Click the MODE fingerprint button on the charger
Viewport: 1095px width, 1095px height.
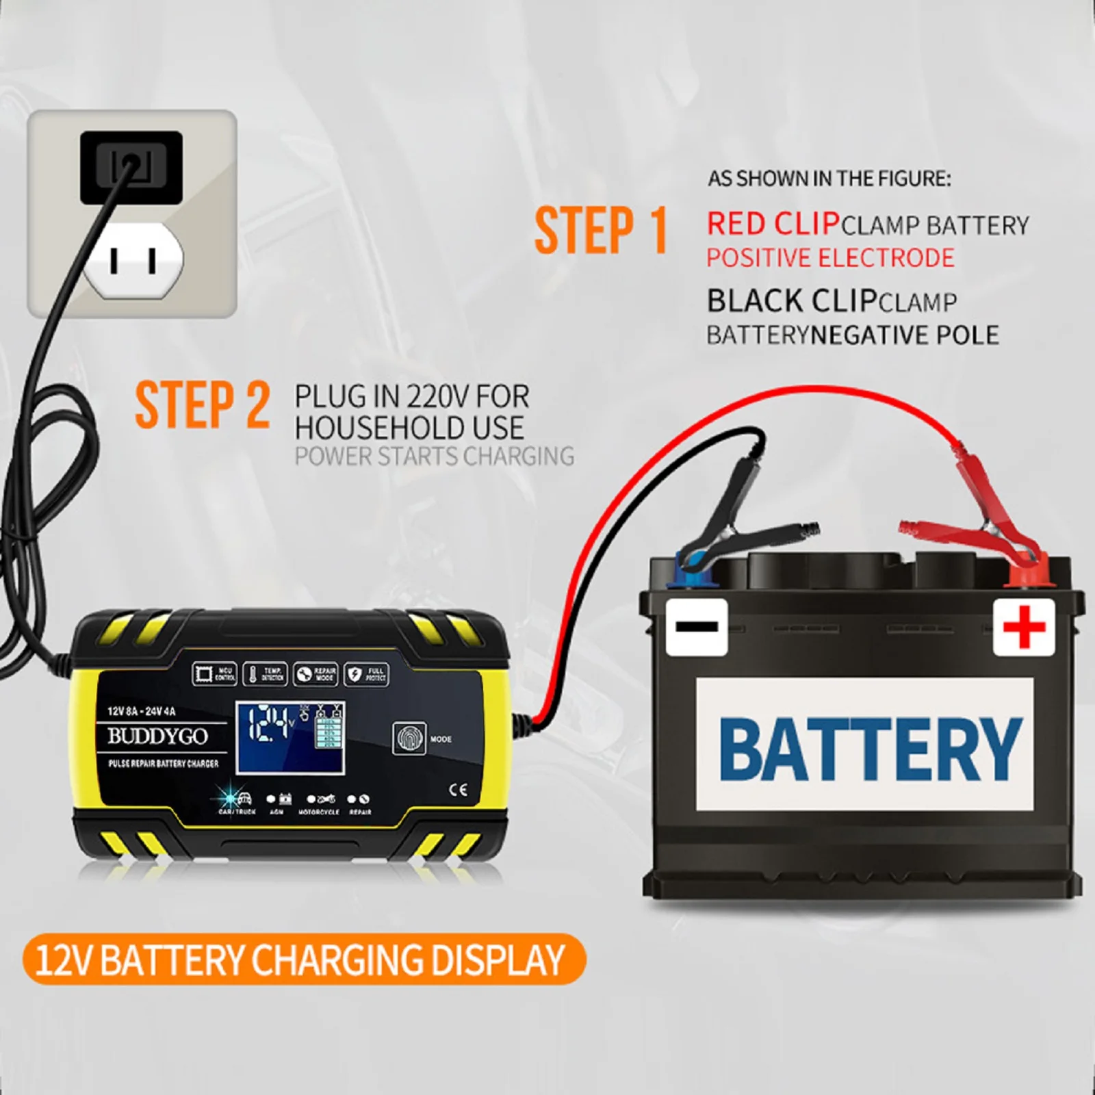point(409,738)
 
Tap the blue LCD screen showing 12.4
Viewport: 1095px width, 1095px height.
point(290,737)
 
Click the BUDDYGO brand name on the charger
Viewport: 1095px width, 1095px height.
point(157,736)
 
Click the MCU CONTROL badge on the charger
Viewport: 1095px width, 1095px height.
point(215,674)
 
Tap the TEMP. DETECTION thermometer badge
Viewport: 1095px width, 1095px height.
point(266,674)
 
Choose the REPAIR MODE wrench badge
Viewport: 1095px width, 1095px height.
point(315,674)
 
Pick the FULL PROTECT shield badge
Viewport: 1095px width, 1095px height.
point(366,674)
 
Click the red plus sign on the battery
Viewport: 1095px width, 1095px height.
point(1023,626)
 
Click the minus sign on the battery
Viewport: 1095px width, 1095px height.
point(697,626)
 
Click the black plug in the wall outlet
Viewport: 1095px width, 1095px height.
point(131,168)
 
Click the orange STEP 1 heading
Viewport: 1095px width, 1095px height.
point(600,231)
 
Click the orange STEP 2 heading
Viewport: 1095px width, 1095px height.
point(202,405)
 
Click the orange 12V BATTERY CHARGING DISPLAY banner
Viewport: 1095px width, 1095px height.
point(301,959)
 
